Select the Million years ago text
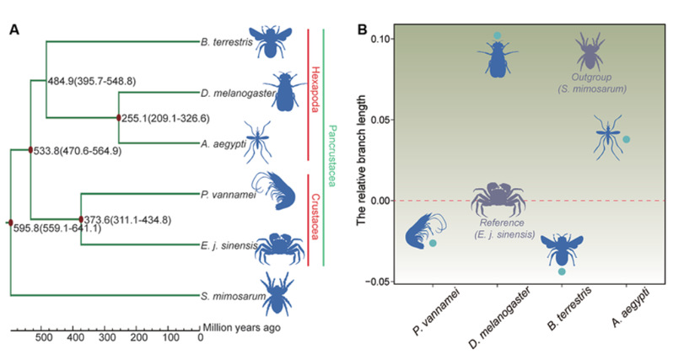point(240,326)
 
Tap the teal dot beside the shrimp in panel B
point(433,243)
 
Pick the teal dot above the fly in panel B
point(498,35)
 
